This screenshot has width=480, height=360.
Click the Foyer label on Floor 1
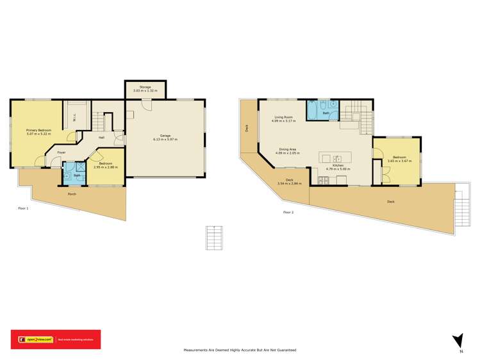coord(61,152)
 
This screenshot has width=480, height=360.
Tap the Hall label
coord(101,137)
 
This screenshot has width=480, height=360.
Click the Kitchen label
coord(338,166)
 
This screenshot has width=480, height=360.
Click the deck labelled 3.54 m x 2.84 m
coord(289,181)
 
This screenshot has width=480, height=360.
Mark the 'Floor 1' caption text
coord(23,208)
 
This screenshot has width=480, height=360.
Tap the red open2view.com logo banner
coord(55,340)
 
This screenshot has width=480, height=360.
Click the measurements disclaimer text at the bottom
coord(240,350)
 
